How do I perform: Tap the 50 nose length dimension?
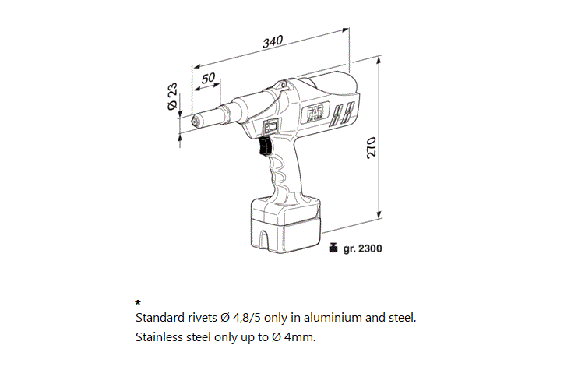(208, 79)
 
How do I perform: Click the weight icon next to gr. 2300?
(333, 248)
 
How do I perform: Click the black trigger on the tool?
(264, 148)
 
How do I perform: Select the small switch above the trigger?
(272, 127)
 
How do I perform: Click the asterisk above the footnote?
(138, 302)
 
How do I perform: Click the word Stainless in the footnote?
(159, 337)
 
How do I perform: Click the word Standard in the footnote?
(160, 318)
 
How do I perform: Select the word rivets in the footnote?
(202, 318)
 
